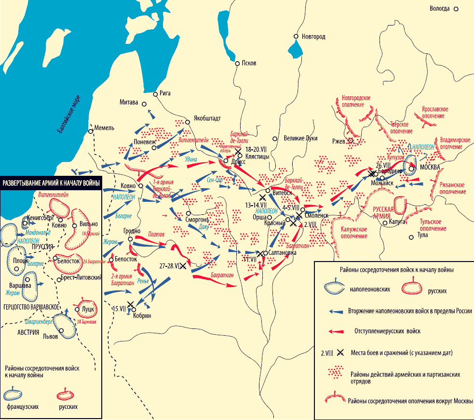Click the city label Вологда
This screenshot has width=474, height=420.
[440, 9]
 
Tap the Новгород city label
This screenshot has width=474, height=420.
[313, 37]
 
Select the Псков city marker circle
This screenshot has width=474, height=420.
[237, 63]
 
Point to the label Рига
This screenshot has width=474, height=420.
[165, 93]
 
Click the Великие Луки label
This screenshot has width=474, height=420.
[300, 138]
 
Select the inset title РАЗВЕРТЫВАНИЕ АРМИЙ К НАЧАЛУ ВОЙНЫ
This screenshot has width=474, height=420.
[52, 183]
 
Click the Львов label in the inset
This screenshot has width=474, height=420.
[50, 336]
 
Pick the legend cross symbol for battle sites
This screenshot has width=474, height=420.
[340, 353]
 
